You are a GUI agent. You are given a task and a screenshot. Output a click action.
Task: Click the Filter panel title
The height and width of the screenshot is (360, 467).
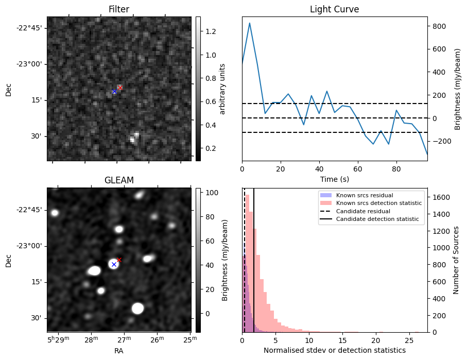tap(118, 9)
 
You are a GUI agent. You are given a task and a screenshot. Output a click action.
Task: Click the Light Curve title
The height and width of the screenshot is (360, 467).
tap(334, 9)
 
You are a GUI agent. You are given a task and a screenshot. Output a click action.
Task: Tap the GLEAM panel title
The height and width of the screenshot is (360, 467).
tap(118, 180)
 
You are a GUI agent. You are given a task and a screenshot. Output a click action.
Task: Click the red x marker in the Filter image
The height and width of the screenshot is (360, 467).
tap(120, 88)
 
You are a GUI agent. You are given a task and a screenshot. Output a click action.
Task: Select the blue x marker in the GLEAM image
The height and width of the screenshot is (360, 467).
tap(114, 264)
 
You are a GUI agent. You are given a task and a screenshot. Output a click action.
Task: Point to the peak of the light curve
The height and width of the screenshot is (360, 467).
tap(250, 23)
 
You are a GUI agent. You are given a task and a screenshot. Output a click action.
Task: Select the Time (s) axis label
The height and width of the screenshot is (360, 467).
tap(334, 178)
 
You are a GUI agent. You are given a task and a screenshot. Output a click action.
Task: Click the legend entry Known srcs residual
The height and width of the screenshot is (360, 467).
tap(364, 196)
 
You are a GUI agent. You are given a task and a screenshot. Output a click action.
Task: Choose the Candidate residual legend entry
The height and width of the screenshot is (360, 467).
tap(363, 212)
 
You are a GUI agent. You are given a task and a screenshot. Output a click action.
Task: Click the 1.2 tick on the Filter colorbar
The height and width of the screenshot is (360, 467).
tap(211, 31)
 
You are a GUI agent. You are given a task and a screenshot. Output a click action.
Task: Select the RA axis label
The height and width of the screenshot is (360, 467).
tap(118, 350)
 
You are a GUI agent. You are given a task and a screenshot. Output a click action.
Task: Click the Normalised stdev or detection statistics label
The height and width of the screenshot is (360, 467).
tap(334, 350)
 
